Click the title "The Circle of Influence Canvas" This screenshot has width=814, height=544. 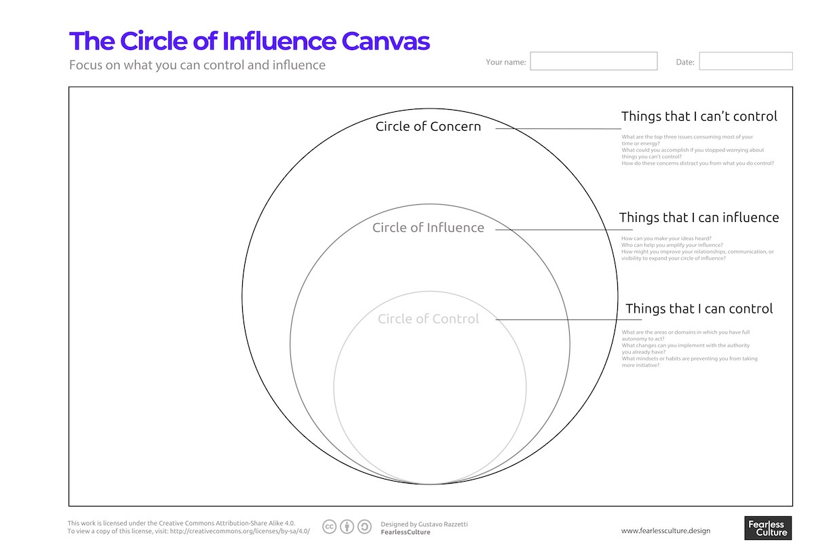tap(249, 41)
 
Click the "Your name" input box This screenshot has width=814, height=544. tap(594, 62)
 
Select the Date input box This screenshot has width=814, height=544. tap(745, 62)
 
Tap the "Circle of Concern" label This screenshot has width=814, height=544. tap(428, 126)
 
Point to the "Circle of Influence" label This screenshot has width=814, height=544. tap(428, 228)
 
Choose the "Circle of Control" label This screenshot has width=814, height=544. tap(428, 319)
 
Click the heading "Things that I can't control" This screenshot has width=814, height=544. tap(699, 117)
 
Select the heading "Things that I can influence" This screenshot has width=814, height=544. tap(699, 218)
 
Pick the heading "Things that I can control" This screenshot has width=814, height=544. tap(699, 309)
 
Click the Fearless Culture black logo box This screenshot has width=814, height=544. tap(768, 528)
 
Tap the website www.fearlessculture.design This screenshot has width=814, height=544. tap(665, 530)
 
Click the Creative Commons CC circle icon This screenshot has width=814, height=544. tap(330, 527)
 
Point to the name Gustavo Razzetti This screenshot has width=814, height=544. tap(443, 524)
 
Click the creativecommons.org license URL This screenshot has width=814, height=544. tap(244, 532)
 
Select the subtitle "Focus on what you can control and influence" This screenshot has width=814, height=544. tap(197, 66)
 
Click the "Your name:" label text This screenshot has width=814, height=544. tap(505, 62)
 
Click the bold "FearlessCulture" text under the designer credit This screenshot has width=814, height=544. tap(406, 532)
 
